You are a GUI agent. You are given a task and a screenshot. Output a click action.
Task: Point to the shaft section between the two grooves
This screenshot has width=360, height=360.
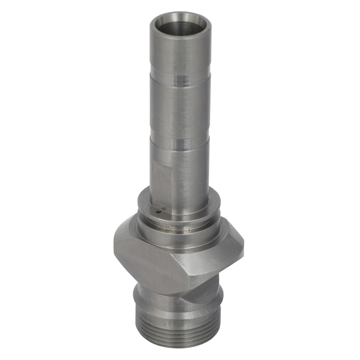click(180, 112)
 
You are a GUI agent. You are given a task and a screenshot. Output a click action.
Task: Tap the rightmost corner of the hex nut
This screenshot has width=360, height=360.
click(243, 245)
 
